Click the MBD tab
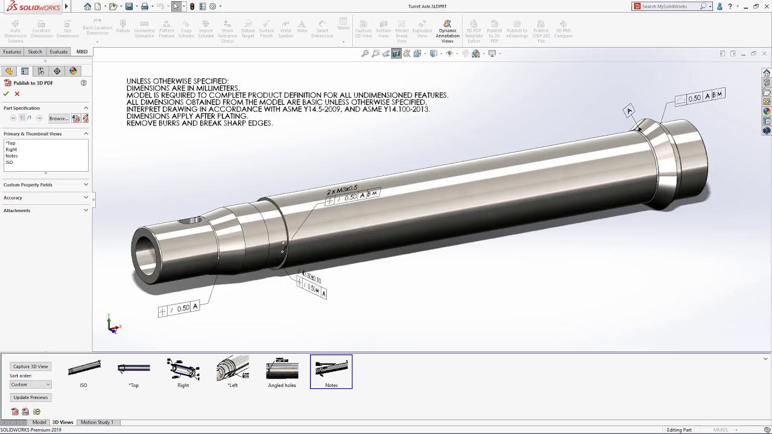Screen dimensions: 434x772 point(81,52)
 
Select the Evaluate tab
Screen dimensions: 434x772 point(59,52)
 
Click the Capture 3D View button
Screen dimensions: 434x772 point(30,366)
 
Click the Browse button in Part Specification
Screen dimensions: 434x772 point(59,118)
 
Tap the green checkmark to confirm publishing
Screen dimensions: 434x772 point(6,94)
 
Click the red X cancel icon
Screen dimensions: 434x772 point(17,94)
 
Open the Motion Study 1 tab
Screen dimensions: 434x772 point(96,423)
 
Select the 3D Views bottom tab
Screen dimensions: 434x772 point(63,423)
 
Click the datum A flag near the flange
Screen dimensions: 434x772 point(629,110)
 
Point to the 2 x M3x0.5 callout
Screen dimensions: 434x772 point(342,190)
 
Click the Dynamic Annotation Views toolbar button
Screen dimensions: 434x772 point(448,31)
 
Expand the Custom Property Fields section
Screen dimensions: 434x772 point(28,184)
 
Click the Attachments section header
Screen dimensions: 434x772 point(17,210)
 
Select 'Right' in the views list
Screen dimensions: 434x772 point(11,149)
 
